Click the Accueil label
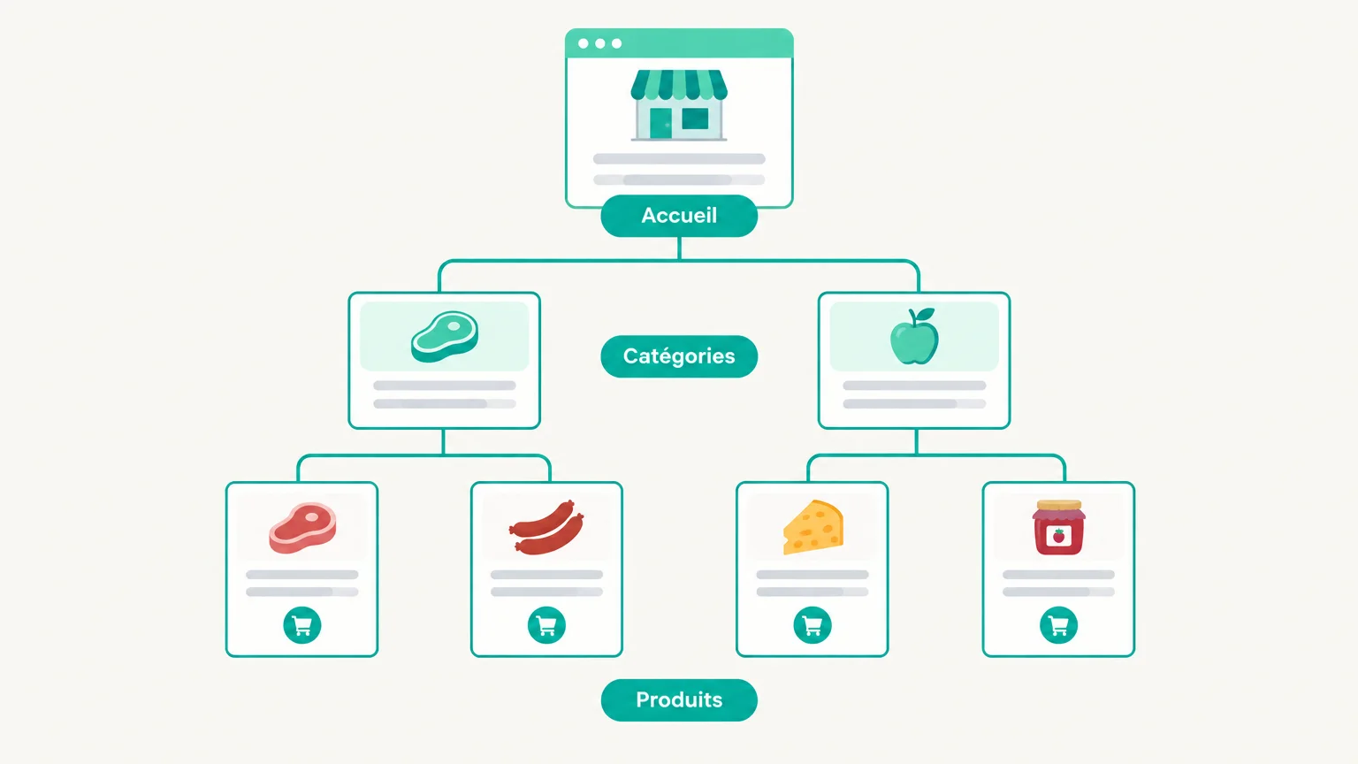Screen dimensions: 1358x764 pyautogui.click(x=679, y=216)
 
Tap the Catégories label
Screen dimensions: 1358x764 pyautogui.click(x=679, y=356)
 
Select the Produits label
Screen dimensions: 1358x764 pyautogui.click(x=679, y=700)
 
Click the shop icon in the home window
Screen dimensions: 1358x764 pyautogui.click(x=679, y=105)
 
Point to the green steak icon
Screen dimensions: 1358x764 pyautogui.click(x=445, y=337)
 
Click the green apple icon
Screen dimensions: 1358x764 pyautogui.click(x=914, y=337)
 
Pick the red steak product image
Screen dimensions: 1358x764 pyautogui.click(x=302, y=528)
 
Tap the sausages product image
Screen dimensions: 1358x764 pyautogui.click(x=546, y=528)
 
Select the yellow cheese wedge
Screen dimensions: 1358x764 pyautogui.click(x=813, y=528)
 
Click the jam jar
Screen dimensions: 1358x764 pyautogui.click(x=1058, y=528)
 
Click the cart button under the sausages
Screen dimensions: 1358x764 pyautogui.click(x=546, y=625)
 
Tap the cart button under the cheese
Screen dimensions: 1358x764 pyautogui.click(x=813, y=625)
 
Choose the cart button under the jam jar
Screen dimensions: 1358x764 pyautogui.click(x=1058, y=625)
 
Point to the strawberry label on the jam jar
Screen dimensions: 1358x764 pyautogui.click(x=1058, y=536)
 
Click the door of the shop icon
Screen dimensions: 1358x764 pyautogui.click(x=660, y=123)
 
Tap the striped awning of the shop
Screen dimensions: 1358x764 pyautogui.click(x=679, y=84)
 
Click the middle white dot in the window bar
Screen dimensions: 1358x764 pyautogui.click(x=600, y=43)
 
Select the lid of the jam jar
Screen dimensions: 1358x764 pyautogui.click(x=1058, y=505)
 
